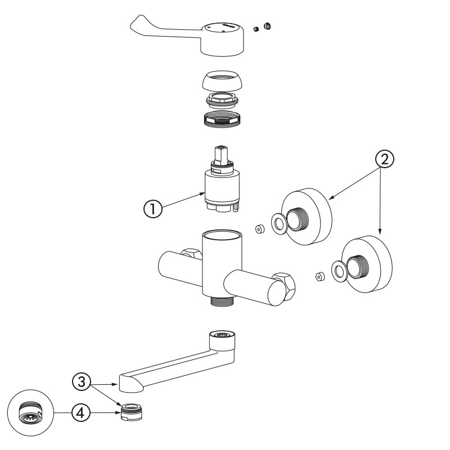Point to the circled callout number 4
pos(80,412)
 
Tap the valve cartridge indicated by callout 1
pos(221,188)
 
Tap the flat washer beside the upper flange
pos(278,223)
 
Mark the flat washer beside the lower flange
pos(339,271)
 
